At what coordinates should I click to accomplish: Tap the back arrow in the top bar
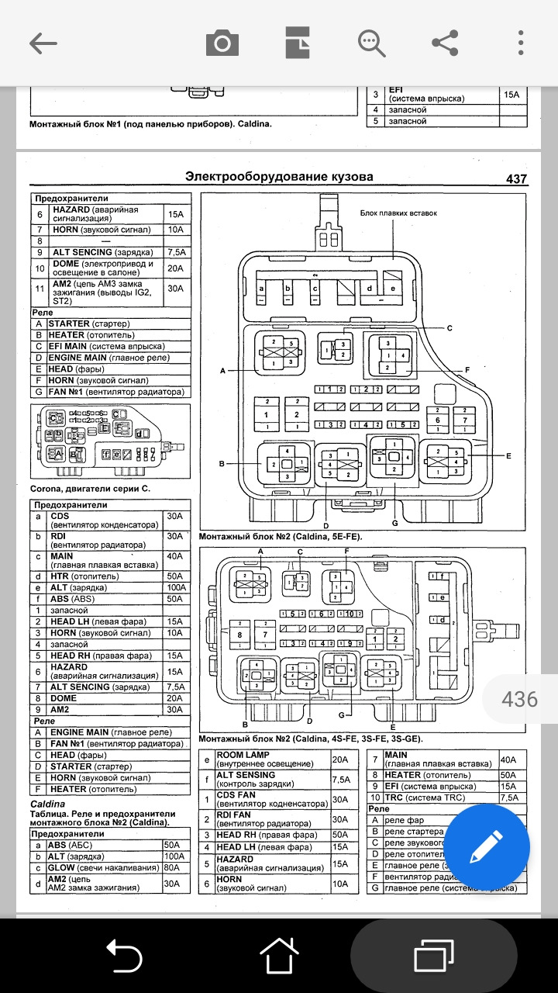[x=43, y=43]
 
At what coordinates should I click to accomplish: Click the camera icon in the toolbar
[x=222, y=43]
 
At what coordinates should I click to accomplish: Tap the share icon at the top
[x=445, y=43]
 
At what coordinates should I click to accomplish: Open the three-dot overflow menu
[x=521, y=43]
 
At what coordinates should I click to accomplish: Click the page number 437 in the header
[x=516, y=179]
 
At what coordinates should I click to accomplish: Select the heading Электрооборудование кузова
[x=279, y=177]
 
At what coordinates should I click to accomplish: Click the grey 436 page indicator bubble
[x=519, y=699]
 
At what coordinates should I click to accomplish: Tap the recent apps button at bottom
[x=434, y=955]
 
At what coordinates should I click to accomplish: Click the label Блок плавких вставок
[x=398, y=213]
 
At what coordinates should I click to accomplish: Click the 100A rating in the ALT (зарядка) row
[x=174, y=587]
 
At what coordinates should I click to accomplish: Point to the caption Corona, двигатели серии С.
[x=90, y=490]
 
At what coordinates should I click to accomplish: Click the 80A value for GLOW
[x=172, y=867]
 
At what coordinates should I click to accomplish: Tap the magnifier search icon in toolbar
[x=371, y=43]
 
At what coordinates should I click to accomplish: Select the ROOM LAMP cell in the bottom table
[x=271, y=759]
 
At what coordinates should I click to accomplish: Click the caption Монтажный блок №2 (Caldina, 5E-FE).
[x=281, y=536]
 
